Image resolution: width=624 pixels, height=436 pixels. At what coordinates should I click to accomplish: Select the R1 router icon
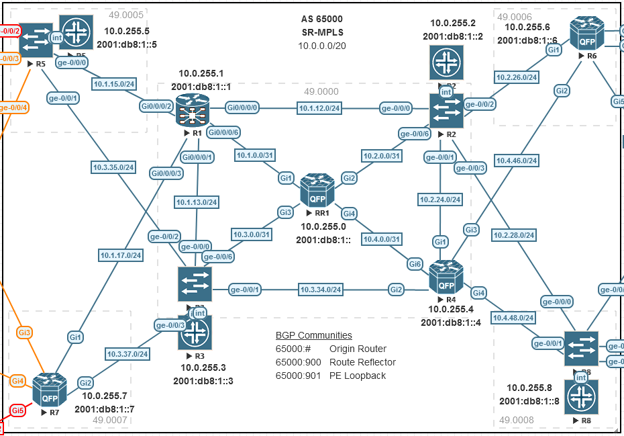[x=193, y=110]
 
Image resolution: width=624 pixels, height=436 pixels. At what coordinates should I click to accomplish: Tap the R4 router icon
[x=446, y=277]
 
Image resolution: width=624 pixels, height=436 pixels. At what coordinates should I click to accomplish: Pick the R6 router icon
[x=587, y=34]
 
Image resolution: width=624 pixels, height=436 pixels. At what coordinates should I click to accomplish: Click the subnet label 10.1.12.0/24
[x=320, y=107]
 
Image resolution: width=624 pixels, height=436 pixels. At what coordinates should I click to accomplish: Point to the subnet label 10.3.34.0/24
[x=321, y=290]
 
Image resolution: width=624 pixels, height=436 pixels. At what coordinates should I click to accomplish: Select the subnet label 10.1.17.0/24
[x=121, y=255]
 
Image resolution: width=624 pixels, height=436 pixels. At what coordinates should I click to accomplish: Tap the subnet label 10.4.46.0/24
[x=517, y=161]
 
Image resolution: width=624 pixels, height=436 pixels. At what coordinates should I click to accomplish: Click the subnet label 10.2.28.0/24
[x=513, y=235]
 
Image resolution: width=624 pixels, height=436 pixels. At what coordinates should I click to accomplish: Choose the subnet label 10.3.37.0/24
[x=127, y=353]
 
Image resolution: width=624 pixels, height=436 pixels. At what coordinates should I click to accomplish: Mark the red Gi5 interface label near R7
[x=17, y=410]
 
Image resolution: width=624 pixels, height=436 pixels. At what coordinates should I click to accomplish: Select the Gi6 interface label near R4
[x=416, y=264]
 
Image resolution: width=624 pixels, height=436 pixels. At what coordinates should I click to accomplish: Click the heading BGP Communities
[x=313, y=335]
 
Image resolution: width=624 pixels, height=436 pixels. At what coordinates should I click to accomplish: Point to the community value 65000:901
[x=294, y=376]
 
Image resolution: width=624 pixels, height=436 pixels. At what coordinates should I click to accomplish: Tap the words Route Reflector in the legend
[x=362, y=362]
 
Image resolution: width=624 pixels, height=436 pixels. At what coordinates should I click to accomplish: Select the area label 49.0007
[x=109, y=421]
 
